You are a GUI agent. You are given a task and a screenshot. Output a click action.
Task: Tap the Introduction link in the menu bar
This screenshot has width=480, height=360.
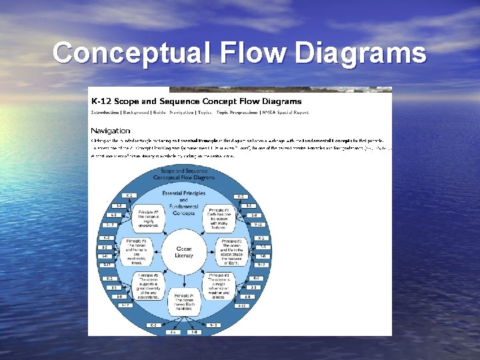[x=110, y=112]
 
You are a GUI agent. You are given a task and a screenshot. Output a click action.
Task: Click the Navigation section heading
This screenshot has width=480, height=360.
[x=111, y=130]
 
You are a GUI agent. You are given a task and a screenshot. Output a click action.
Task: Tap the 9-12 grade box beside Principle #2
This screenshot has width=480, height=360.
[x=261, y=265]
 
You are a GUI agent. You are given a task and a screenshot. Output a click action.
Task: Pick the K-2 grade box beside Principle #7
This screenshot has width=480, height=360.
[x=130, y=196]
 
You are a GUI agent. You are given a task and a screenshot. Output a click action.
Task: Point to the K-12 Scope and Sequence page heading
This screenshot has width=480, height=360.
[x=197, y=101]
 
